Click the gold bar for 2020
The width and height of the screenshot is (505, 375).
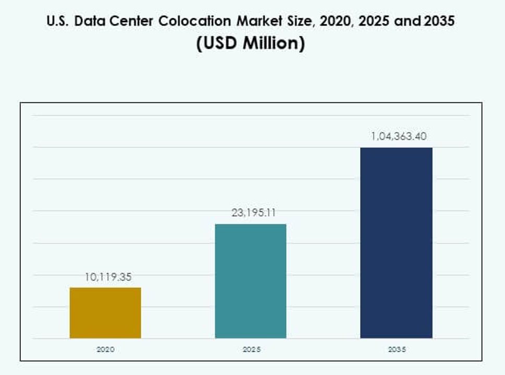tap(105, 313)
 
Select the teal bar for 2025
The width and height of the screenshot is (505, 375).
tap(250, 281)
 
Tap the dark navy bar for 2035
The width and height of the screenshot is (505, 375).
tap(396, 243)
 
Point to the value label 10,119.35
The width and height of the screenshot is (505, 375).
tap(108, 277)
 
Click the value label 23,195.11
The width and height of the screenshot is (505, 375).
tap(253, 213)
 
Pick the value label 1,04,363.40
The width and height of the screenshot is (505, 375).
tap(399, 137)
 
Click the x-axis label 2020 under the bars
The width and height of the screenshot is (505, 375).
tap(105, 349)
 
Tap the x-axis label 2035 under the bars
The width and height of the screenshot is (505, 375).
tap(397, 349)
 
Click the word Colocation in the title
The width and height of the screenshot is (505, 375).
tap(201, 21)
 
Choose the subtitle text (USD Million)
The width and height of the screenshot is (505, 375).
tap(250, 43)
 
